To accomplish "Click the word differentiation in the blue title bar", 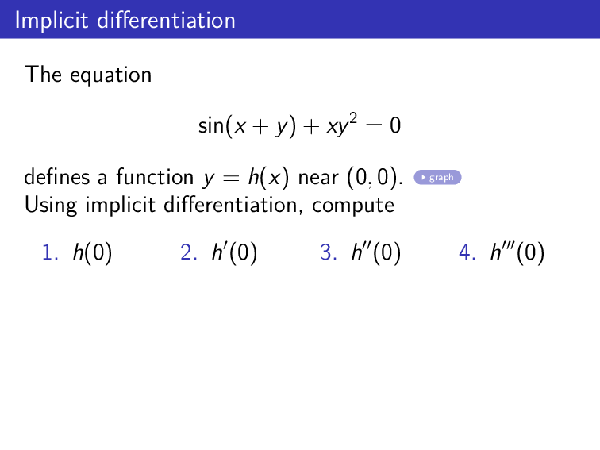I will [167, 20].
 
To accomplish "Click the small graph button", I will [437, 177].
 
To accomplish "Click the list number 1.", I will [49, 253].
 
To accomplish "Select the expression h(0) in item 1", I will [92, 253].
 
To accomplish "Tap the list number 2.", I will [188, 253].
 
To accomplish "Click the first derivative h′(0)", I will [234, 253].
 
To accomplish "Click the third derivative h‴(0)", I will [517, 253].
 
